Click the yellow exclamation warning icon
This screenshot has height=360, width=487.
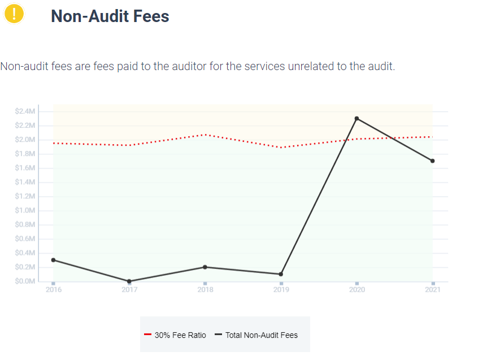pos(14,14)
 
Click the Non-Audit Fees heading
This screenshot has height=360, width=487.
pos(110,16)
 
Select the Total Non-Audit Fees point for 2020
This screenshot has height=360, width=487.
pos(356,119)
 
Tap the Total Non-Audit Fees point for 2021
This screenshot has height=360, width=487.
pos(432,161)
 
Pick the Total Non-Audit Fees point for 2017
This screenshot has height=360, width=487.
pos(129,281)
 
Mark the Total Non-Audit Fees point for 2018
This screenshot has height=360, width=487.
pos(205,267)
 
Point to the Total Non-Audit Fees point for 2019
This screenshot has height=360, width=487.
pos(281,274)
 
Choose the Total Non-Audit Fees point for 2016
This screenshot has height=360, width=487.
pos(53,260)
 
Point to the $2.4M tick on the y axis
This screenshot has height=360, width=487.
pos(25,111)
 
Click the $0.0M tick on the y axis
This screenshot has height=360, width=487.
pos(25,281)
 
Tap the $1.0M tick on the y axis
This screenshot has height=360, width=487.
pos(25,210)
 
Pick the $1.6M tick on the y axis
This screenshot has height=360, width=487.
pos(25,168)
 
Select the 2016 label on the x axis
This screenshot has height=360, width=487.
pos(53,290)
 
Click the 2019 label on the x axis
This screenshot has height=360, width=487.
pos(281,290)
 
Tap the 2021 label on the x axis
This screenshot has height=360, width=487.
pos(432,290)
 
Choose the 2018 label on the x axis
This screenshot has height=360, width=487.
pos(205,290)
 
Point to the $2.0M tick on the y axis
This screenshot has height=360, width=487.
pos(25,140)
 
